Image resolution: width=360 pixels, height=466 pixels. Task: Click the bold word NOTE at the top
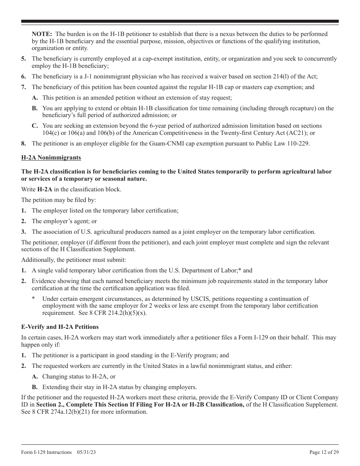42,34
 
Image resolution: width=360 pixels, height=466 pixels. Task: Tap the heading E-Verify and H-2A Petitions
60,327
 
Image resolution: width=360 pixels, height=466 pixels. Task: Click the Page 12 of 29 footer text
324,452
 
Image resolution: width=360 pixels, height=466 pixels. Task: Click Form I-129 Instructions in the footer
46,452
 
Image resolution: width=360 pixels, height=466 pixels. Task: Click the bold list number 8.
23,144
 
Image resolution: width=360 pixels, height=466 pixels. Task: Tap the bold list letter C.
34,126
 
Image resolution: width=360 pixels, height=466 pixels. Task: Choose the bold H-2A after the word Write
45,189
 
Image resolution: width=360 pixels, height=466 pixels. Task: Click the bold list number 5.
23,59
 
